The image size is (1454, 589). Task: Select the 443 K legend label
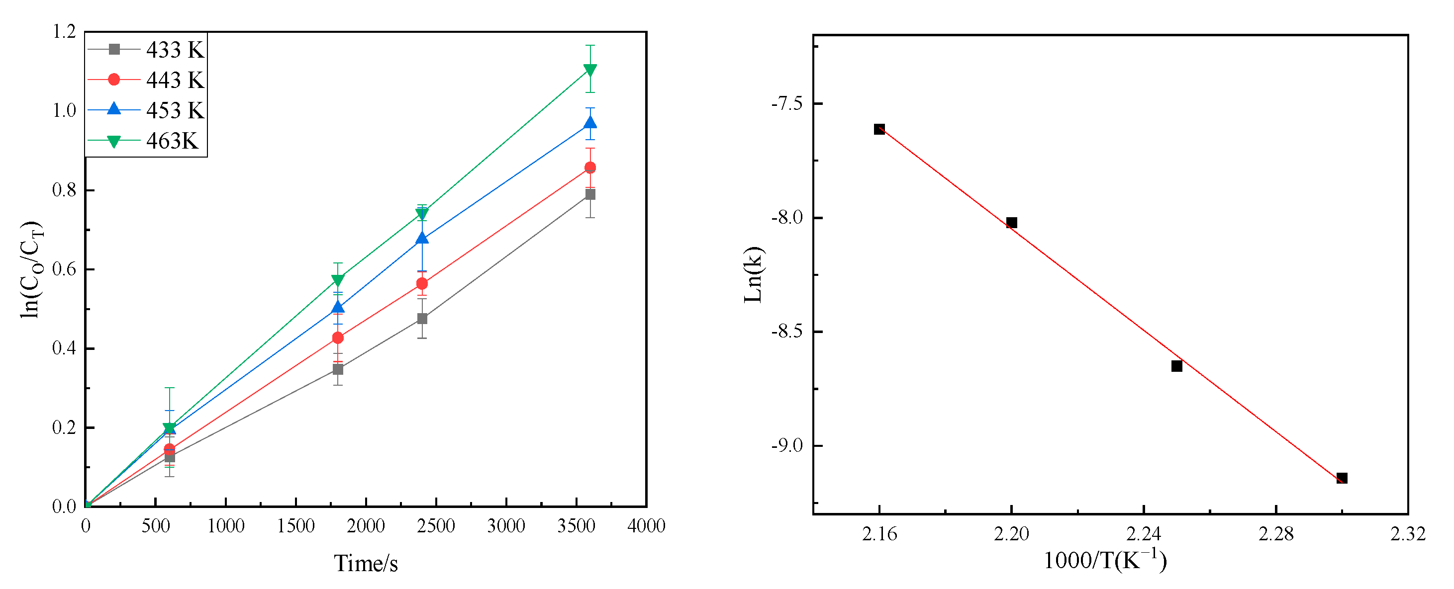pos(175,80)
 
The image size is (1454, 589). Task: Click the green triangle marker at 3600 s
pos(590,71)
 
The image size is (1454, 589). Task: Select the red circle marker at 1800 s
pos(338,338)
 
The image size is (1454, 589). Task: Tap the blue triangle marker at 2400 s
pos(422,238)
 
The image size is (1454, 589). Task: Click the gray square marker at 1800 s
pos(338,369)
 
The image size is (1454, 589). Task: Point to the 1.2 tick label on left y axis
pos(64,32)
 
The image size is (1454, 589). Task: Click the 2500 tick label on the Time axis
pos(436,526)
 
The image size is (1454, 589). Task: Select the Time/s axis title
pos(366,564)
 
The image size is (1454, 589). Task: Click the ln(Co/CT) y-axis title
pos(31,270)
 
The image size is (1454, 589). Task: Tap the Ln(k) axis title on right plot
pos(753,275)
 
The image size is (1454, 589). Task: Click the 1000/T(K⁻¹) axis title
pos(1105,560)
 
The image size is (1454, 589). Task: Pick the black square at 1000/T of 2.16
pos(879,129)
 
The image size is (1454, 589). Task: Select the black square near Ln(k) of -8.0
pos(1011,223)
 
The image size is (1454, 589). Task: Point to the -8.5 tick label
pos(787,331)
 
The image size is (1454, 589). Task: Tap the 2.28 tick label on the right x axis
pos(1275,534)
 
